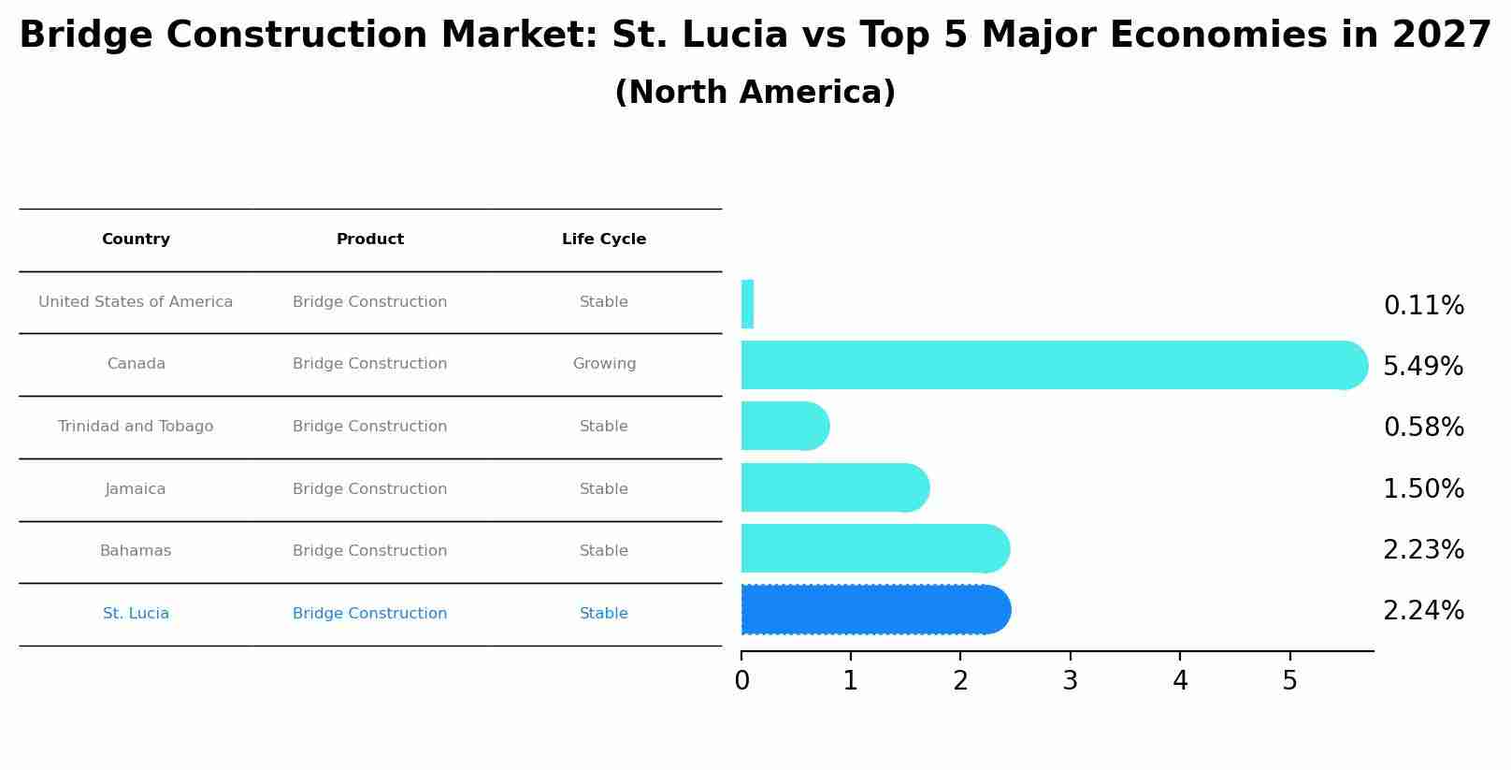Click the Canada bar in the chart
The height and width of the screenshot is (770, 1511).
(1047, 365)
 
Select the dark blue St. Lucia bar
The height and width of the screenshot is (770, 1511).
(870, 610)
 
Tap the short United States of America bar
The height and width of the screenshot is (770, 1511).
(747, 304)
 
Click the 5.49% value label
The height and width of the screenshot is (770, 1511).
(1423, 367)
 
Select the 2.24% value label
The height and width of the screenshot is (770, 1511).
(1423, 611)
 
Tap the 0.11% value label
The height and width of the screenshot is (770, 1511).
(1423, 306)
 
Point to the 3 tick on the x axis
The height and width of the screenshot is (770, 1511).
(1071, 681)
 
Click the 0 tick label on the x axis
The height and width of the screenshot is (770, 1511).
(741, 681)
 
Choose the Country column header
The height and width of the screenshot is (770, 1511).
(136, 240)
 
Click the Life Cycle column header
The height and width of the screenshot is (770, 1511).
(604, 240)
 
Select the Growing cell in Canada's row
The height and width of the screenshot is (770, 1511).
(604, 364)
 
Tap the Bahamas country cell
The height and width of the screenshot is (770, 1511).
(136, 551)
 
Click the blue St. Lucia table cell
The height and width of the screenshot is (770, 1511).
(136, 614)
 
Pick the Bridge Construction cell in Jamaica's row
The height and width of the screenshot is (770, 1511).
(369, 489)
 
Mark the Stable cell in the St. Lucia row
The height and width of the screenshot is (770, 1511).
(604, 614)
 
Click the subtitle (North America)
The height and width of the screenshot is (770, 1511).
(755, 93)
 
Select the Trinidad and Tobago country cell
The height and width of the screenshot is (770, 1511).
(136, 427)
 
